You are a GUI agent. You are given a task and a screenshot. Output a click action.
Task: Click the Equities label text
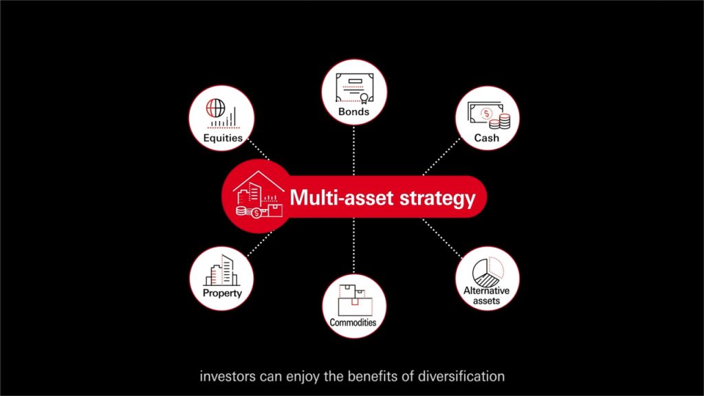pyautogui.click(x=223, y=138)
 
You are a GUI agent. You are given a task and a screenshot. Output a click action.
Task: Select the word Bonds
pyautogui.click(x=354, y=111)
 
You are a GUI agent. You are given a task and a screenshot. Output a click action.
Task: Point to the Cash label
pyautogui.click(x=487, y=138)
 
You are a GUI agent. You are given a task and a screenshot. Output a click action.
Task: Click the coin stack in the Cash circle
pyautogui.click(x=504, y=122)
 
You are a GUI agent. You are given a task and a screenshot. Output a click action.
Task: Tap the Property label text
pyautogui.click(x=222, y=294)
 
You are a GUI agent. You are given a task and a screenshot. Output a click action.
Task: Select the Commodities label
pyautogui.click(x=353, y=322)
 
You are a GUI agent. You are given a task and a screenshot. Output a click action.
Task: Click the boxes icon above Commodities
pyautogui.click(x=353, y=296)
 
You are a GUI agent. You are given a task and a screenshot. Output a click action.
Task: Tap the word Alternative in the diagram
pyautogui.click(x=487, y=291)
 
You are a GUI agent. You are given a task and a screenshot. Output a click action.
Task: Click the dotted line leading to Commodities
pyautogui.click(x=353, y=247)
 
